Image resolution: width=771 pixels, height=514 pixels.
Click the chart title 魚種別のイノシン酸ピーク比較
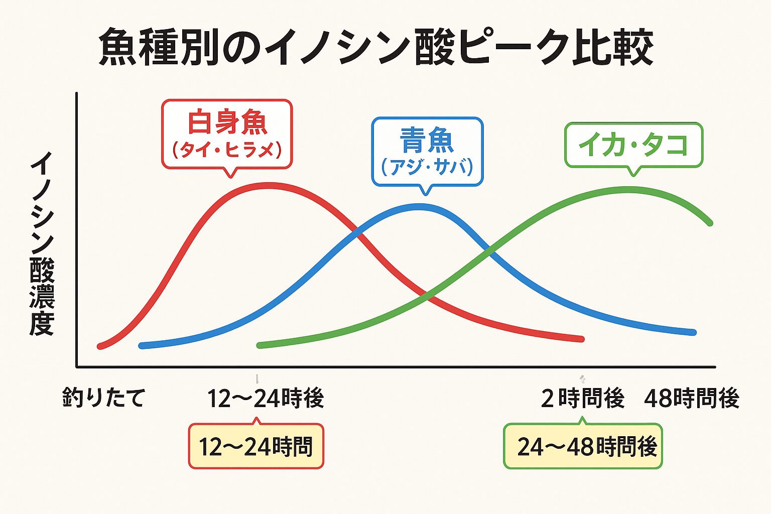(x=376, y=48)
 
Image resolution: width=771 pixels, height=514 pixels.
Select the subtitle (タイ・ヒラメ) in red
(x=227, y=150)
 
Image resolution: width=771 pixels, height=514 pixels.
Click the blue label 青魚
(x=427, y=140)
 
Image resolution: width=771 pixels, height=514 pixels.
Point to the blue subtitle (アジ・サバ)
(x=427, y=167)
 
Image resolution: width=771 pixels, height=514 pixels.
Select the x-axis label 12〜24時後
(x=266, y=399)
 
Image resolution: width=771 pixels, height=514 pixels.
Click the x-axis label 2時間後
(x=582, y=399)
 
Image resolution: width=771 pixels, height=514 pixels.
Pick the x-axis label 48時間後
(x=692, y=399)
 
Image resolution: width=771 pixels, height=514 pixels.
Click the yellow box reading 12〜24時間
(x=256, y=446)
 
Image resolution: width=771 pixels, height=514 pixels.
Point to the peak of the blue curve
(x=419, y=206)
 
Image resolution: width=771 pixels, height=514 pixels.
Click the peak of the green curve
(x=627, y=190)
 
